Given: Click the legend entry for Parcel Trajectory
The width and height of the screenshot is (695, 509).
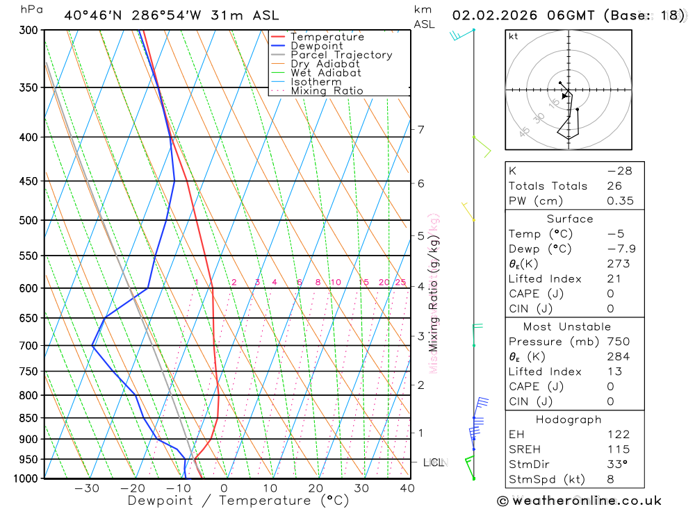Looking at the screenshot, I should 341,55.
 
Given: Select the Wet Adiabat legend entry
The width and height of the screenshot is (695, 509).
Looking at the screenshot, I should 325,73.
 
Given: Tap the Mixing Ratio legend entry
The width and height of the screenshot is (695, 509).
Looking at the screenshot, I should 327,91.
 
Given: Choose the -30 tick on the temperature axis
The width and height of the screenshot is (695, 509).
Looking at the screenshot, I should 87,489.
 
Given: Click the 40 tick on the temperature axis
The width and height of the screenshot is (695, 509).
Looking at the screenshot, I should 407,489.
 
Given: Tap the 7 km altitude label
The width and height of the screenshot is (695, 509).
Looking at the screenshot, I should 420,129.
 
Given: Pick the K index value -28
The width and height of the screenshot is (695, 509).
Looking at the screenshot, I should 619,171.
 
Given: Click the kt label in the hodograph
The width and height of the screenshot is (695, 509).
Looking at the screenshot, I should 514,36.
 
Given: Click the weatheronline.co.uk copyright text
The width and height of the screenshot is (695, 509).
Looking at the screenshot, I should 579,501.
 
